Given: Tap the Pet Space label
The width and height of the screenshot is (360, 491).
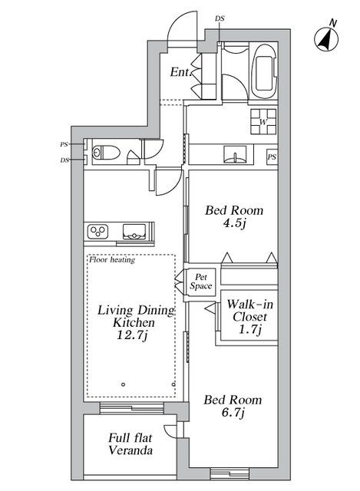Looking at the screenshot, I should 201,282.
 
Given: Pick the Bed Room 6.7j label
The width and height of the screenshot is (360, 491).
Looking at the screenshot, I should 232,407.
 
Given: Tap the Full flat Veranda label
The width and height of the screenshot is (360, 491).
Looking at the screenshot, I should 130,444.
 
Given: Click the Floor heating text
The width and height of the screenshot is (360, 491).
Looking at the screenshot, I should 112,260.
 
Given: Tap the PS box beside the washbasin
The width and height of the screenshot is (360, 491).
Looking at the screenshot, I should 272,157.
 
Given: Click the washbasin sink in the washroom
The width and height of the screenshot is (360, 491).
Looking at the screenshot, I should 233,155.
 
